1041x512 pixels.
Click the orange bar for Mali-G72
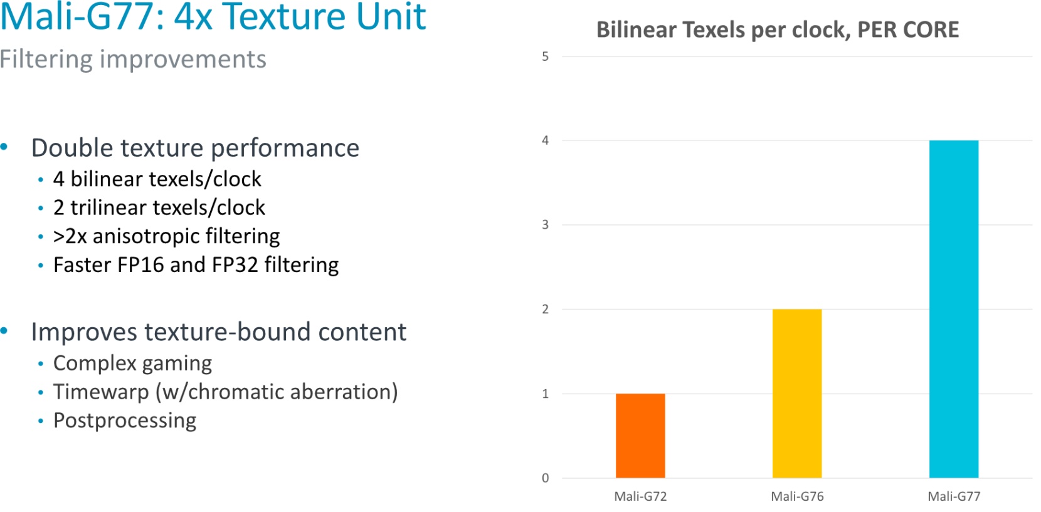(x=640, y=436)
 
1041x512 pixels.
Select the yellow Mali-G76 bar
(x=797, y=393)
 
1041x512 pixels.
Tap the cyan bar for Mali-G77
(x=954, y=309)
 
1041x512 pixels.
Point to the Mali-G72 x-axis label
(x=640, y=496)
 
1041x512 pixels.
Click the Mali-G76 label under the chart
(x=797, y=496)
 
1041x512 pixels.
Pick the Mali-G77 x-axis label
(x=954, y=496)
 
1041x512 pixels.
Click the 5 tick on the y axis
(x=545, y=56)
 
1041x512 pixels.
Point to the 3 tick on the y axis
(x=545, y=225)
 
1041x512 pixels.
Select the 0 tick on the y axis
(x=545, y=478)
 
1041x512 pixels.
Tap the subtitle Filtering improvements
(x=133, y=60)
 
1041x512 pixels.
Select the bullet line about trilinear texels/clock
(x=159, y=207)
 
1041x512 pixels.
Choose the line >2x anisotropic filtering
(x=166, y=236)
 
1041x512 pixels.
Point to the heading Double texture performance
(x=195, y=148)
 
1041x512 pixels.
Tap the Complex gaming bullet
(x=132, y=363)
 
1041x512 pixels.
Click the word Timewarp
(x=100, y=392)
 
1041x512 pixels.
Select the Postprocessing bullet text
(x=125, y=421)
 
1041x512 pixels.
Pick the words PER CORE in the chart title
(x=908, y=29)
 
